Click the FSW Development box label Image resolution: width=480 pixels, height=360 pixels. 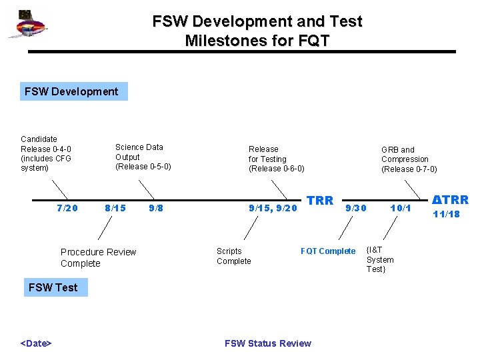(x=71, y=91)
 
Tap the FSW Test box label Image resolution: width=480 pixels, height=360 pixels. (x=53, y=287)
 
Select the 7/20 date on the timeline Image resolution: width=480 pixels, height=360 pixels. (x=67, y=208)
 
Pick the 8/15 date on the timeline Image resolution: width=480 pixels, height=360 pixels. (x=115, y=208)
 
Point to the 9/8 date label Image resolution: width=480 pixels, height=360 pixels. (x=156, y=208)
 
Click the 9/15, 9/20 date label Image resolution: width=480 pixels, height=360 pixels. (x=273, y=208)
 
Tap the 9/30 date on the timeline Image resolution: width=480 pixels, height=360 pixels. (x=356, y=208)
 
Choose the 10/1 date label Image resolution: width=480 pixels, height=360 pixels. (x=401, y=208)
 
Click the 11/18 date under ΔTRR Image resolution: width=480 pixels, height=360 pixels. (x=446, y=214)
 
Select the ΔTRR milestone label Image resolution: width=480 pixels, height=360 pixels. (x=450, y=199)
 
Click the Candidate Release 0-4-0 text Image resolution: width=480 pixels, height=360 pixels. (x=46, y=153)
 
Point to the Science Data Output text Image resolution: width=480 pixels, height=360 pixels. (x=143, y=157)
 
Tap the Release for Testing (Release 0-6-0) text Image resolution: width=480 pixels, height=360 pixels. (x=276, y=159)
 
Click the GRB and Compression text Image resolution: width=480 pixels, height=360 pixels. (x=409, y=159)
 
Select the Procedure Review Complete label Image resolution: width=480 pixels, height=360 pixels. (x=98, y=257)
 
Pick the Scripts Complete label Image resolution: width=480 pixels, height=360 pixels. (x=234, y=256)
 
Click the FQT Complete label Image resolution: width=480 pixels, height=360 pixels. (x=328, y=251)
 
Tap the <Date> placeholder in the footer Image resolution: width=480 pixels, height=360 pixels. (x=37, y=343)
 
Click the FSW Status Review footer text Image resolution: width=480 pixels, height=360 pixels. (x=267, y=343)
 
